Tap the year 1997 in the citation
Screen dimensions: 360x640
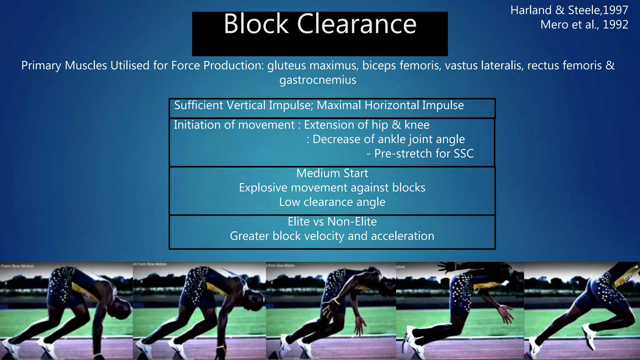pos(615,10)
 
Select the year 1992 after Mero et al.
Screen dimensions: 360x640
pos(615,25)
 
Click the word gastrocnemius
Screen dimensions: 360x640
pos(318,80)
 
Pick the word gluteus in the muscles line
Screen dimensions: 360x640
pos(287,66)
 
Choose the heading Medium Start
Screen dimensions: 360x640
pos(332,173)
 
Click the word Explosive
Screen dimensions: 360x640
pos(263,188)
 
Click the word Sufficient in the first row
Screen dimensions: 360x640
pos(198,105)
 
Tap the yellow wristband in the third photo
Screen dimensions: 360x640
pos(336,302)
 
